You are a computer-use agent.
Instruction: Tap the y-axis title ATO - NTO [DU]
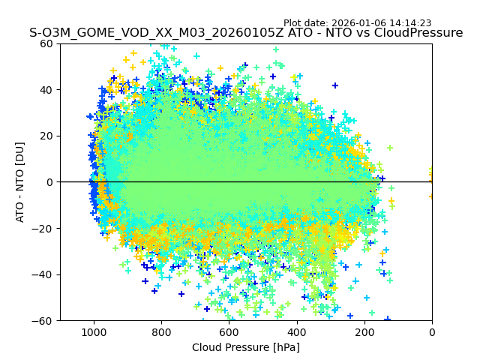tap(20, 182)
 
